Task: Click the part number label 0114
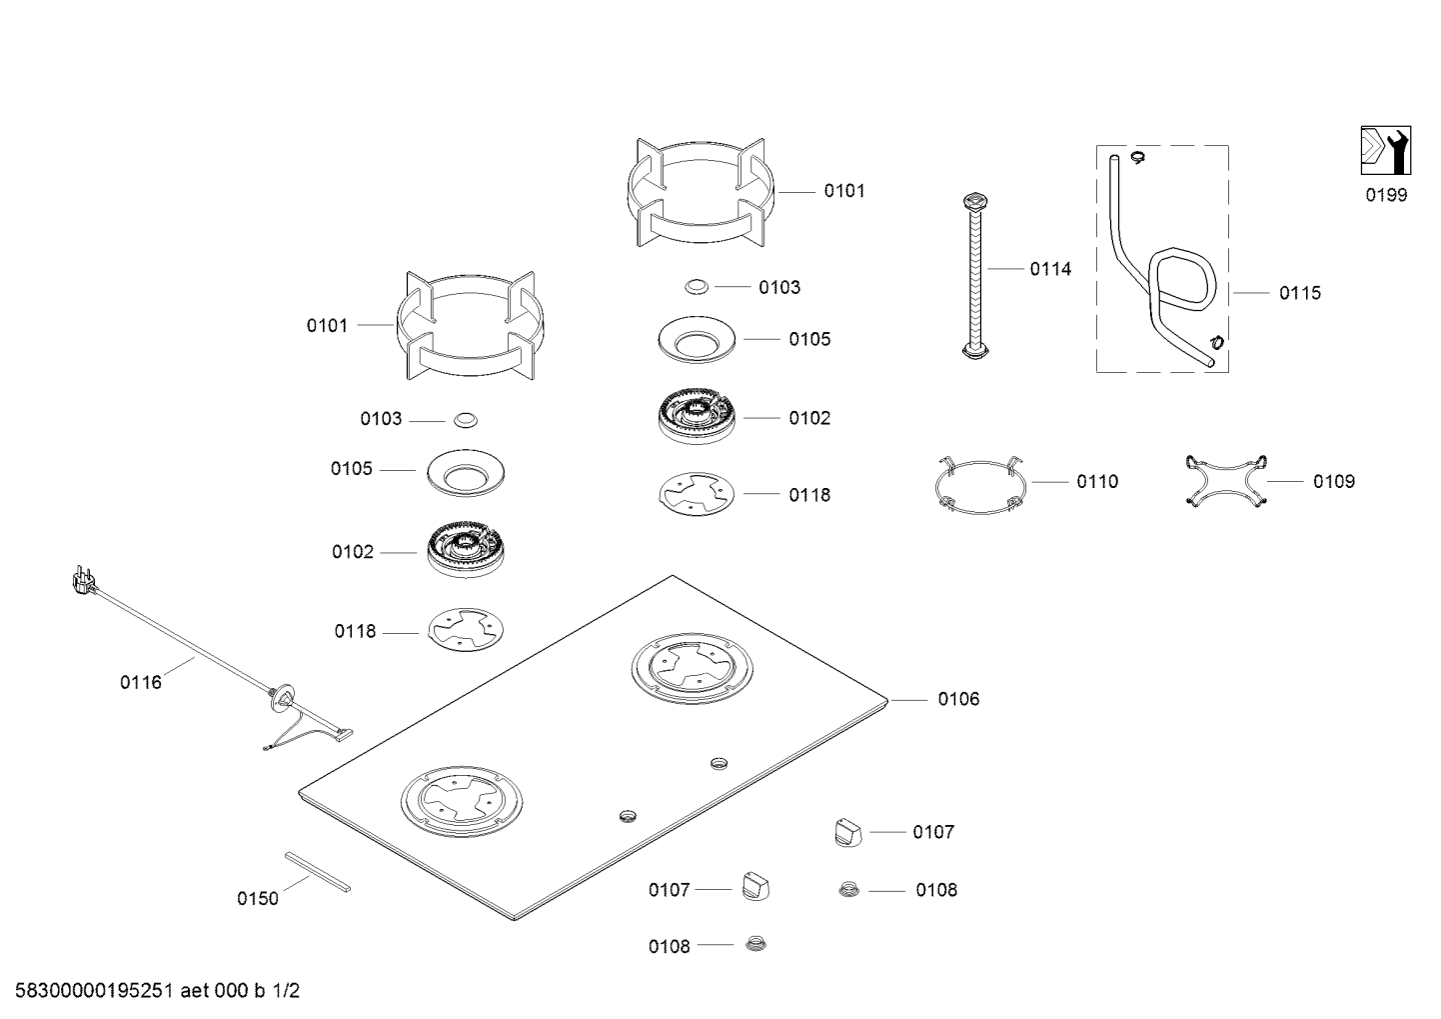click(1050, 269)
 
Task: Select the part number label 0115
click(1299, 293)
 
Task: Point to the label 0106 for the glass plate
click(958, 699)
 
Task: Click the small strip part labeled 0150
click(318, 871)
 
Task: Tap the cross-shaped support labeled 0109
click(1225, 481)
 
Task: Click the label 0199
click(1386, 196)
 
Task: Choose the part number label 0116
click(141, 683)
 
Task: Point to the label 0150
click(258, 898)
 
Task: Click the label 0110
click(1097, 482)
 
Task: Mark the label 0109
click(1334, 482)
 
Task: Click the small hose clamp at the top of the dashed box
click(1137, 156)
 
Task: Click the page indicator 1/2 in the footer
click(285, 992)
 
